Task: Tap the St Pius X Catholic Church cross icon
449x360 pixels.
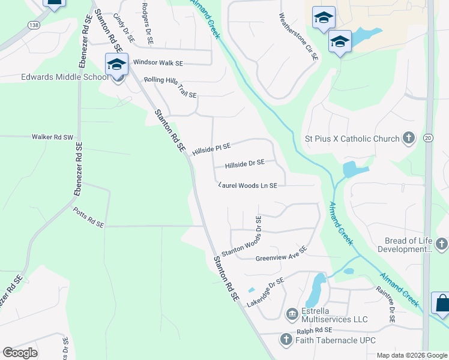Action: click(408, 139)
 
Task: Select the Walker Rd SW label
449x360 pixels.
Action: click(52, 137)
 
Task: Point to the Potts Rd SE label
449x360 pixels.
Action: click(88, 218)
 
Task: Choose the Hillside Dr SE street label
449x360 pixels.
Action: click(244, 163)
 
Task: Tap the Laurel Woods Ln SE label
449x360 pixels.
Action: click(248, 186)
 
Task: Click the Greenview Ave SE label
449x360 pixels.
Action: click(282, 254)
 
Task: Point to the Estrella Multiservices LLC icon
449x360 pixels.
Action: click(292, 314)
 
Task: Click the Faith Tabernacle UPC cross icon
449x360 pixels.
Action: click(286, 340)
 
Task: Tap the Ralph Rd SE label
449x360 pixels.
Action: click(315, 331)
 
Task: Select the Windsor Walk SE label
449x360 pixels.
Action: click(158, 62)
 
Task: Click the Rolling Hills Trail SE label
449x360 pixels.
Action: click(170, 87)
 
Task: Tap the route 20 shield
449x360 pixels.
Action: click(428, 139)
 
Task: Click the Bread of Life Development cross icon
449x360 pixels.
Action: click(441, 244)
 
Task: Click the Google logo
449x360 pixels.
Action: click(20, 353)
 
